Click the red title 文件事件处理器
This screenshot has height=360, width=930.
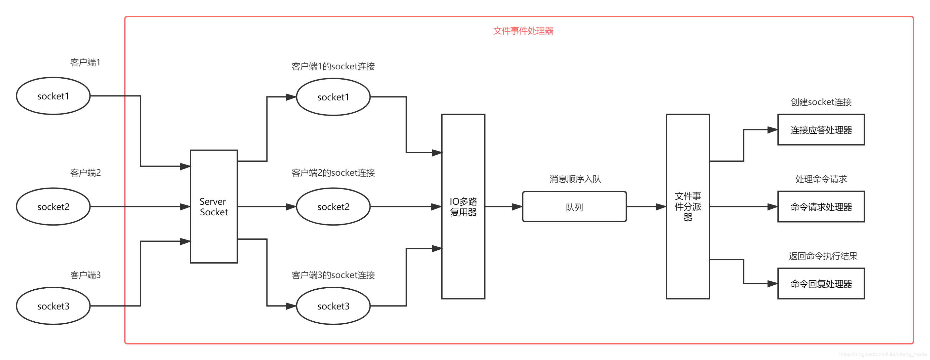click(523, 31)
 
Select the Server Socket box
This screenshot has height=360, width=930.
click(214, 206)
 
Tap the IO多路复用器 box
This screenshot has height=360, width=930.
click(463, 206)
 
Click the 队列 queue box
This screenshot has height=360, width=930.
click(574, 207)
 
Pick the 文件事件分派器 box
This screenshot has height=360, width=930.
click(687, 206)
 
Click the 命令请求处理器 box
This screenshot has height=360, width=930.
click(821, 207)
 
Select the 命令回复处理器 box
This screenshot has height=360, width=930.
click(821, 284)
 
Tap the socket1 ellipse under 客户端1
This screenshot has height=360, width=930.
click(53, 96)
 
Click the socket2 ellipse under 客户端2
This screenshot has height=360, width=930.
click(53, 206)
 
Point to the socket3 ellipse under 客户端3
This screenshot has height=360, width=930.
click(53, 306)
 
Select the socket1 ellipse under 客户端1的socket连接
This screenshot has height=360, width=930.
click(333, 97)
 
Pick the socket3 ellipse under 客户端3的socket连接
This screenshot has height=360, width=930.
click(333, 306)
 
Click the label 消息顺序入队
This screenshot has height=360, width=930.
click(575, 179)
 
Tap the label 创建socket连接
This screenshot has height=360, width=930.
click(821, 102)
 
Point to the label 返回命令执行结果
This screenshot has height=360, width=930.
click(823, 256)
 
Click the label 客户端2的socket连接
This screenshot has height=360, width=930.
click(333, 173)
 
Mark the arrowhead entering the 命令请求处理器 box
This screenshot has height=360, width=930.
click(772, 207)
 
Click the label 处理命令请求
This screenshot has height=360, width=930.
click(821, 179)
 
